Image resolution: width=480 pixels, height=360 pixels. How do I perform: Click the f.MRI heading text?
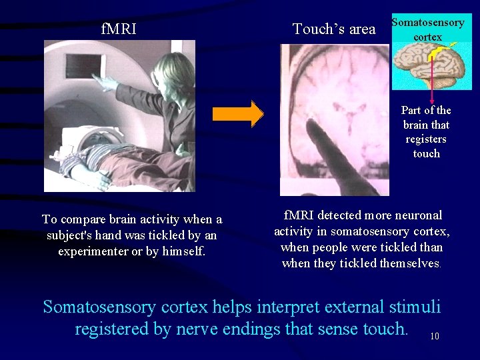119,29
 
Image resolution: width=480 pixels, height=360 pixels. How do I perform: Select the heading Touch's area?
334,29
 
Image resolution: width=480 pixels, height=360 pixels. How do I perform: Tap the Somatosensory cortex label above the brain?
427,29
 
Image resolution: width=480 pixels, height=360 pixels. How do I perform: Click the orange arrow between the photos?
238,114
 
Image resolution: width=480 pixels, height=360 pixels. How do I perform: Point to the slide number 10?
434,337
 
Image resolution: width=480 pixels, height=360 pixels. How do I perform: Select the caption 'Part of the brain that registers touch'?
426,132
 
